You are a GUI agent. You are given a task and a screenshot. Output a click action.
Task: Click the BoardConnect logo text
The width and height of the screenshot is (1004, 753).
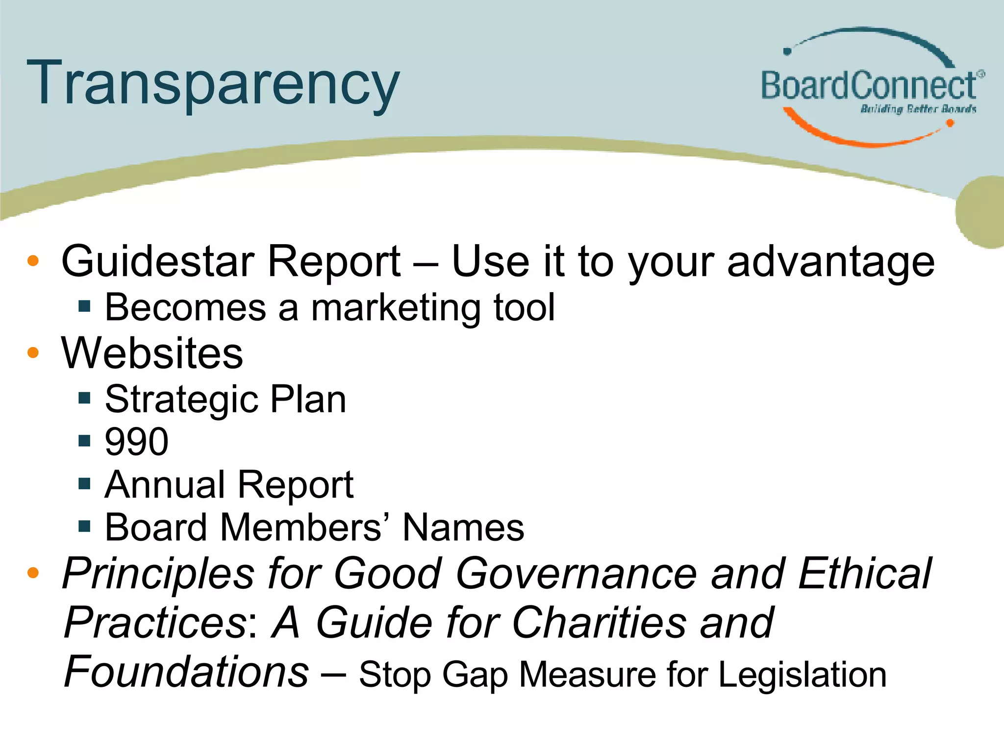pos(869,85)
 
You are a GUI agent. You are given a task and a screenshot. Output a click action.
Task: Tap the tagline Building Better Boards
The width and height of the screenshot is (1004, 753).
pos(918,109)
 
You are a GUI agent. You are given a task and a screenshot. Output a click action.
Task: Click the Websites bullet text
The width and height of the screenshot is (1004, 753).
pos(152,353)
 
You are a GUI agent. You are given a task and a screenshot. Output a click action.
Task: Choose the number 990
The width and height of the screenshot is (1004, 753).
pos(137,441)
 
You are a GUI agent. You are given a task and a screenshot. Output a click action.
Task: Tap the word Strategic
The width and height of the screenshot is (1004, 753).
pos(181,400)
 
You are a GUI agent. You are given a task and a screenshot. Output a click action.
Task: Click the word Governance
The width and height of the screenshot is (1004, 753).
pos(577,574)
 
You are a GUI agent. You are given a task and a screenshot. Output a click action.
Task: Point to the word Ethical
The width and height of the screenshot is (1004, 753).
pos(865,574)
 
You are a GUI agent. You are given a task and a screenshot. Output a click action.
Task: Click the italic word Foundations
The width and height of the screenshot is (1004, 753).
pos(186,672)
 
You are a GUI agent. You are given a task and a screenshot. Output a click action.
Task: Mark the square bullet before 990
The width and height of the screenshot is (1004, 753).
pos(84,441)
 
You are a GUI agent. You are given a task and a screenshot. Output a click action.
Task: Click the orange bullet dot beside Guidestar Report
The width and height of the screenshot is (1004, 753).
pos(33,261)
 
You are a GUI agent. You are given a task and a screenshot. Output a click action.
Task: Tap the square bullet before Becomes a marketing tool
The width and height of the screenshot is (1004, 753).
pos(84,307)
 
